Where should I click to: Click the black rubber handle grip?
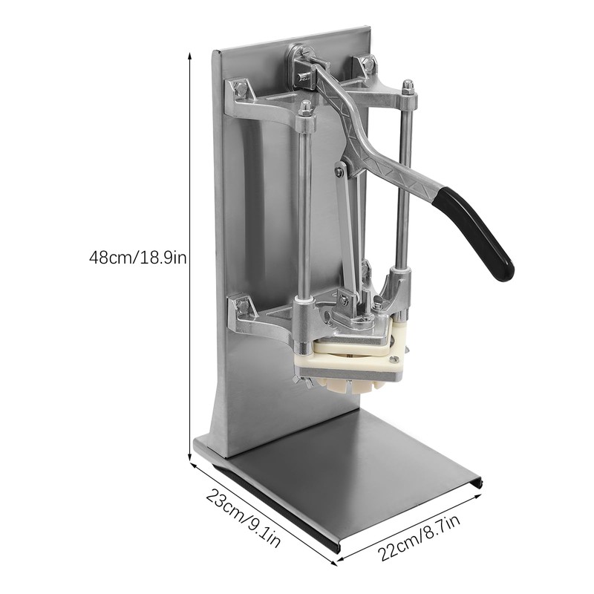tap(475, 231)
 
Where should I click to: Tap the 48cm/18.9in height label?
tap(138, 258)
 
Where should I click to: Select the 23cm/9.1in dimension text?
tap(243, 518)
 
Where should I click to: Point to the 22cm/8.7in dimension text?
tap(419, 537)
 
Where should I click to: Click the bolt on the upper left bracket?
tap(238, 88)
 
